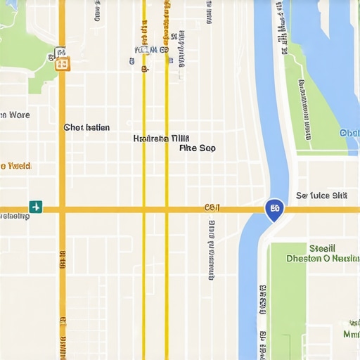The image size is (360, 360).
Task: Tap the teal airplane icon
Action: [x=35, y=207]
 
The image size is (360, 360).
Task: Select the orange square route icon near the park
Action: [x=63, y=64]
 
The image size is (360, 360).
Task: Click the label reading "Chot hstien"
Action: [x=86, y=127]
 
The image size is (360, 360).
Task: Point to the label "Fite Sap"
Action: [x=198, y=148]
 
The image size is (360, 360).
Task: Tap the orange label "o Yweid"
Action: [x=15, y=166]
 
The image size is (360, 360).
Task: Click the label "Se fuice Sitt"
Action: [x=321, y=195]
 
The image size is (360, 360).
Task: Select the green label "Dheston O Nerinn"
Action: [x=323, y=258]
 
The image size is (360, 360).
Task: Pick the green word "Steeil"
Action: [x=322, y=248]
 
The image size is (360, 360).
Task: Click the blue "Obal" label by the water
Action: [x=349, y=133]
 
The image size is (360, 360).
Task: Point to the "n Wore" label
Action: [x=15, y=114]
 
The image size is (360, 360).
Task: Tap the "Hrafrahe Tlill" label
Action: [x=161, y=139]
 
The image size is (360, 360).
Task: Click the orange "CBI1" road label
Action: [x=212, y=207]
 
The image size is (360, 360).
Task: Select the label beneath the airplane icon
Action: [x=15, y=217]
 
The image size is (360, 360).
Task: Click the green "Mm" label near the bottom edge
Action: [x=349, y=333]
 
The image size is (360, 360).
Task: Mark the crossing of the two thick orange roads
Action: [x=62, y=210]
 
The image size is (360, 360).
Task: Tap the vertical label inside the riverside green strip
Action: [x=306, y=109]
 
